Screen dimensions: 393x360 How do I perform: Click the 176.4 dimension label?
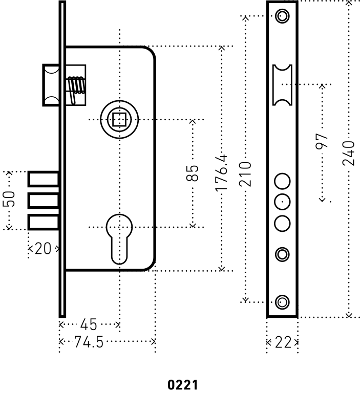coord(221,174)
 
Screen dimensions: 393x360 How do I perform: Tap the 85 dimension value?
coord(192,173)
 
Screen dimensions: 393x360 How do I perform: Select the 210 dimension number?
coord(246,174)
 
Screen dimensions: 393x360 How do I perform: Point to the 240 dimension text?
coord(349,153)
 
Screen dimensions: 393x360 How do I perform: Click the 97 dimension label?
coord(322,142)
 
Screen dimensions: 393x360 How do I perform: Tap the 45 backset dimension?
coord(89,324)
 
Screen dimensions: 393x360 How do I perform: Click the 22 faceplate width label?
coord(282,342)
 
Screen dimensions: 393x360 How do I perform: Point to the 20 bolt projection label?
coord(43,249)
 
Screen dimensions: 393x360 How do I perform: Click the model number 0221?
coord(182,384)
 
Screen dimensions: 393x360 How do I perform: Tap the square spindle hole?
coord(119,120)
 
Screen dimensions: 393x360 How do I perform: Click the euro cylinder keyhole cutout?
coord(119,238)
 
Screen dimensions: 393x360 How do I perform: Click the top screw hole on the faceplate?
coord(281,16)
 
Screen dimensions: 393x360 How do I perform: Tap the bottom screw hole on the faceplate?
coord(281,301)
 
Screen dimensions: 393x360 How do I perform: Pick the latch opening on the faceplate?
coord(282,84)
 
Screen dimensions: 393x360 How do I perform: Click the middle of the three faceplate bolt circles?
coord(282,202)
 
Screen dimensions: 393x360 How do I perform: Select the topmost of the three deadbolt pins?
coord(44,180)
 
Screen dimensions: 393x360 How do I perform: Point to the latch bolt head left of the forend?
coord(51,84)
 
